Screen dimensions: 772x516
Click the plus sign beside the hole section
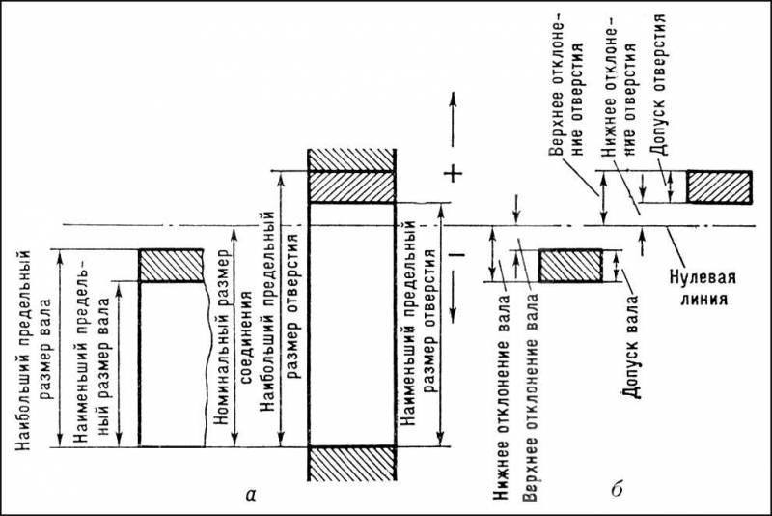pos(453,174)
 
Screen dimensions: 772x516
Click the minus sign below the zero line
pos(456,254)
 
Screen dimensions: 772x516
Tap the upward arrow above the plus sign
pos(453,119)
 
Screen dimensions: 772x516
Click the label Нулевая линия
pos(703,288)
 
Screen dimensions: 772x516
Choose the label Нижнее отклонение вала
pos(502,398)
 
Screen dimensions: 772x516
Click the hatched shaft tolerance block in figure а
pos(171,266)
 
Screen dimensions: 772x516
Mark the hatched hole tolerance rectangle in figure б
pos(719,186)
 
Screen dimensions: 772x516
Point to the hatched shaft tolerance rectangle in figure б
pos(570,266)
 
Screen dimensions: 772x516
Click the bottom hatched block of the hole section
pos(351,463)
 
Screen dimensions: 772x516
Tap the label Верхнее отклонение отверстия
pos(566,100)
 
